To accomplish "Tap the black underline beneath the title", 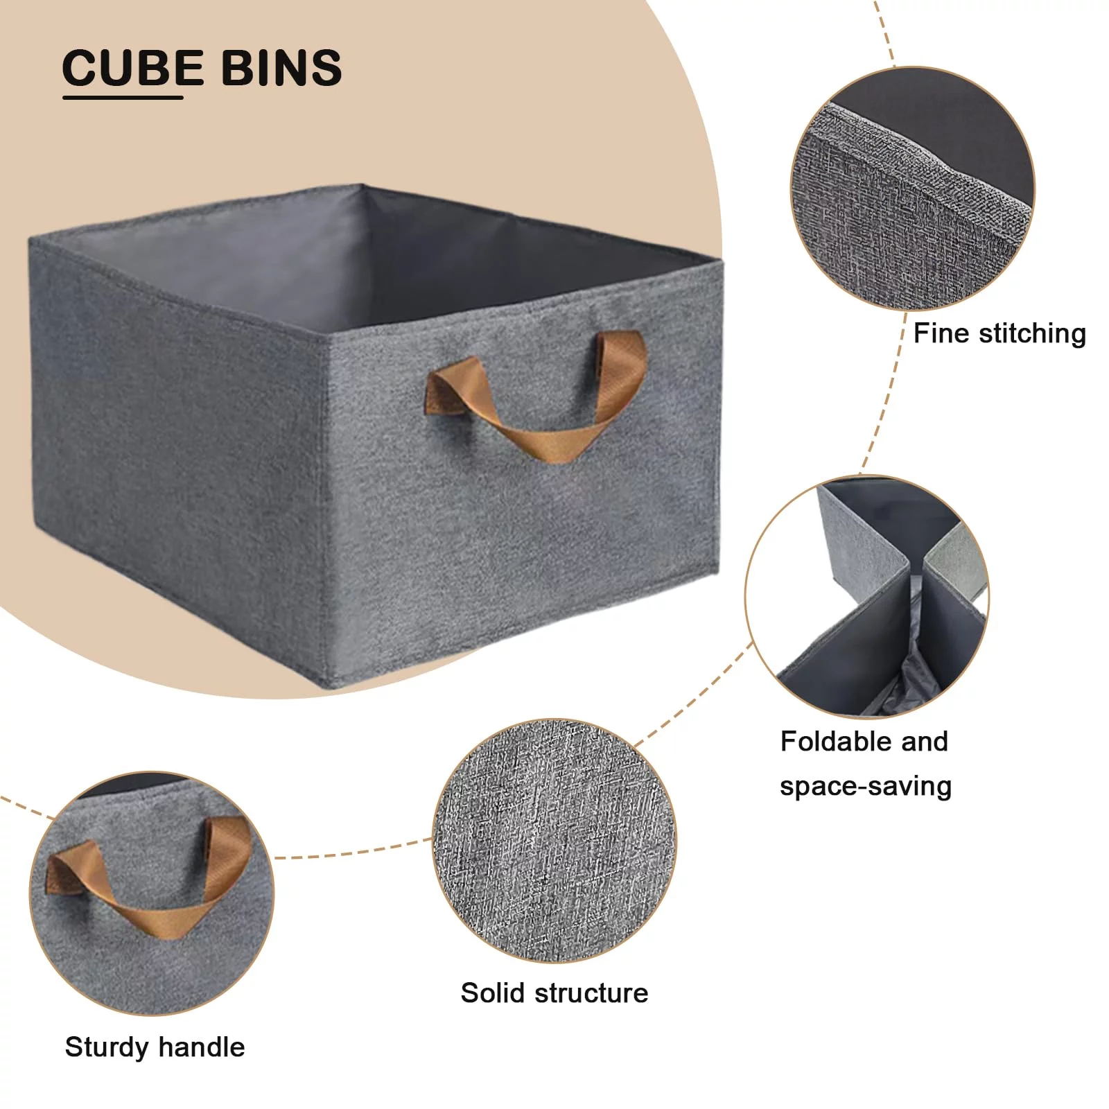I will (123, 97).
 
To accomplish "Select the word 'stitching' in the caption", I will (1032, 334).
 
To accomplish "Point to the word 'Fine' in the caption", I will (941, 333).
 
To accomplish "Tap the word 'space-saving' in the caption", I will (865, 787).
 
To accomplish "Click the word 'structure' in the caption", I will (591, 993).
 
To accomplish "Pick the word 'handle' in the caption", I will (202, 1047).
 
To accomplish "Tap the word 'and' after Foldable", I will (925, 742).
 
